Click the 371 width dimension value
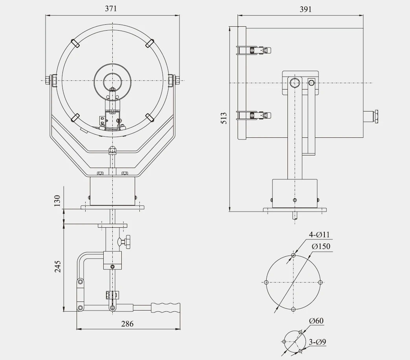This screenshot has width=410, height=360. tap(111, 9)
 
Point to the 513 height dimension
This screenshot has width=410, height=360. tap(223, 119)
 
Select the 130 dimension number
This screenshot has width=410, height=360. tap(58, 201)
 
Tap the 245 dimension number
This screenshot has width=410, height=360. tap(58, 267)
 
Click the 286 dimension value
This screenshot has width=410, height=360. tap(127, 324)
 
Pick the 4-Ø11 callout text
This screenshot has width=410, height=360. tap(319, 235)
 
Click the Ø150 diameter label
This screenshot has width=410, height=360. tap(321, 247)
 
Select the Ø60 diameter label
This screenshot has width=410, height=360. tap(316, 321)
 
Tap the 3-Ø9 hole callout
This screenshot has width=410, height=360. tap(317, 342)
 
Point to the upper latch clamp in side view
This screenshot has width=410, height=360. tap(254, 50)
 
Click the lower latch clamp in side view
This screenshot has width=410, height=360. tap(254, 115)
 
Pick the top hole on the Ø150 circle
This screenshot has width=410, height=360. tap(293, 256)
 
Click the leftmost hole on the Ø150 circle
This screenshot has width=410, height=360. tap(266, 282)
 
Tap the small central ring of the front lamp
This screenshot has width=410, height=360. tap(113, 83)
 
